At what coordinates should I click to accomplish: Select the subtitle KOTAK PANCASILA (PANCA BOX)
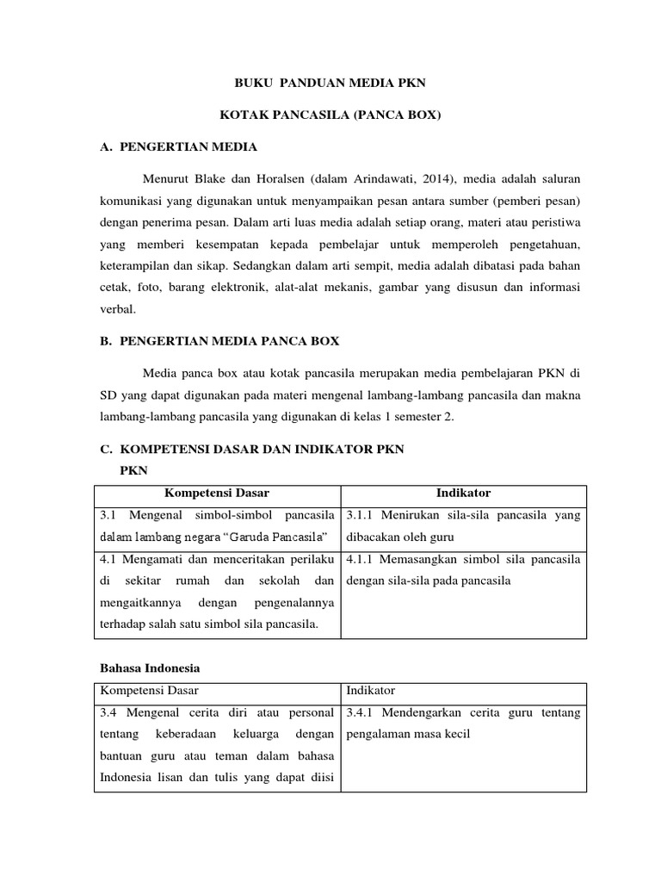point(330,115)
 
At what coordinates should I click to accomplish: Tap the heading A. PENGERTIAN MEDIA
point(178,147)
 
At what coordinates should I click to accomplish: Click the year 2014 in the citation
point(444,179)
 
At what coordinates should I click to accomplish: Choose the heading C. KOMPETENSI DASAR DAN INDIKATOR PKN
point(251,450)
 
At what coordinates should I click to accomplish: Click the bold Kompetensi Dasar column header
point(217,494)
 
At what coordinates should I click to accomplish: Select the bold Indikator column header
point(464,494)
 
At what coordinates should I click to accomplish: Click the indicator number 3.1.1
point(361,515)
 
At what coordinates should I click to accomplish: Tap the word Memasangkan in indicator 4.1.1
point(421,560)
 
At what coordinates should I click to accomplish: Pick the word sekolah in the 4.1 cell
point(281,581)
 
